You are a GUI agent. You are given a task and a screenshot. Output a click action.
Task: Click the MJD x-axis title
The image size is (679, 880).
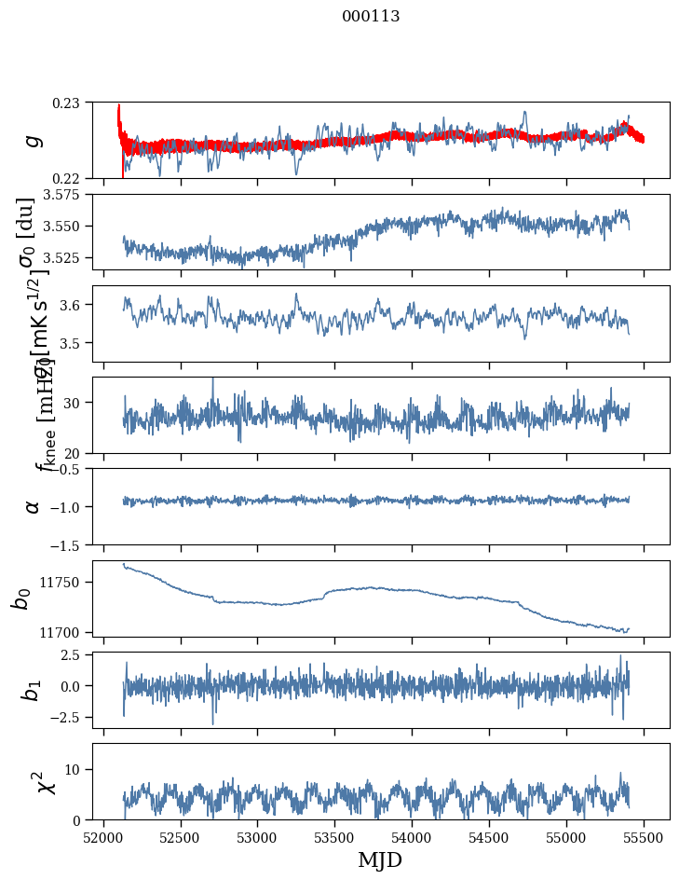(380, 859)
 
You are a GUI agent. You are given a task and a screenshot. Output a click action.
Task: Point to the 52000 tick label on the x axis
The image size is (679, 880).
(103, 837)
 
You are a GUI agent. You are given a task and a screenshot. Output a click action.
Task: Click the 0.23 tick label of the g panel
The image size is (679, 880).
(71, 103)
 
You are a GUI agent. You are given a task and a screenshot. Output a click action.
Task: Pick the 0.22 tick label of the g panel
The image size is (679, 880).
(71, 178)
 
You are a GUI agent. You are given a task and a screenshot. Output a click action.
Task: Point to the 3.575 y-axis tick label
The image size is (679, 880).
(65, 195)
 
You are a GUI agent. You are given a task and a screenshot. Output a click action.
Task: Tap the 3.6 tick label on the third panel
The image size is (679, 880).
(75, 305)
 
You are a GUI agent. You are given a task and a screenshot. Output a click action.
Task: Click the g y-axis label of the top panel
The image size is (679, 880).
(33, 140)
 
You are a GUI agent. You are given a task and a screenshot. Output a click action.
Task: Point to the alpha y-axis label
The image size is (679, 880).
(33, 506)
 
